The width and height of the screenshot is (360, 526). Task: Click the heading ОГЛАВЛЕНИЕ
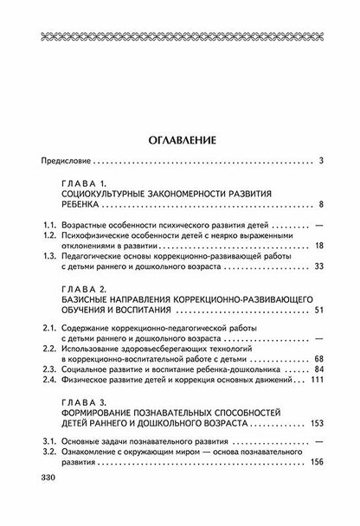coord(180,138)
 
